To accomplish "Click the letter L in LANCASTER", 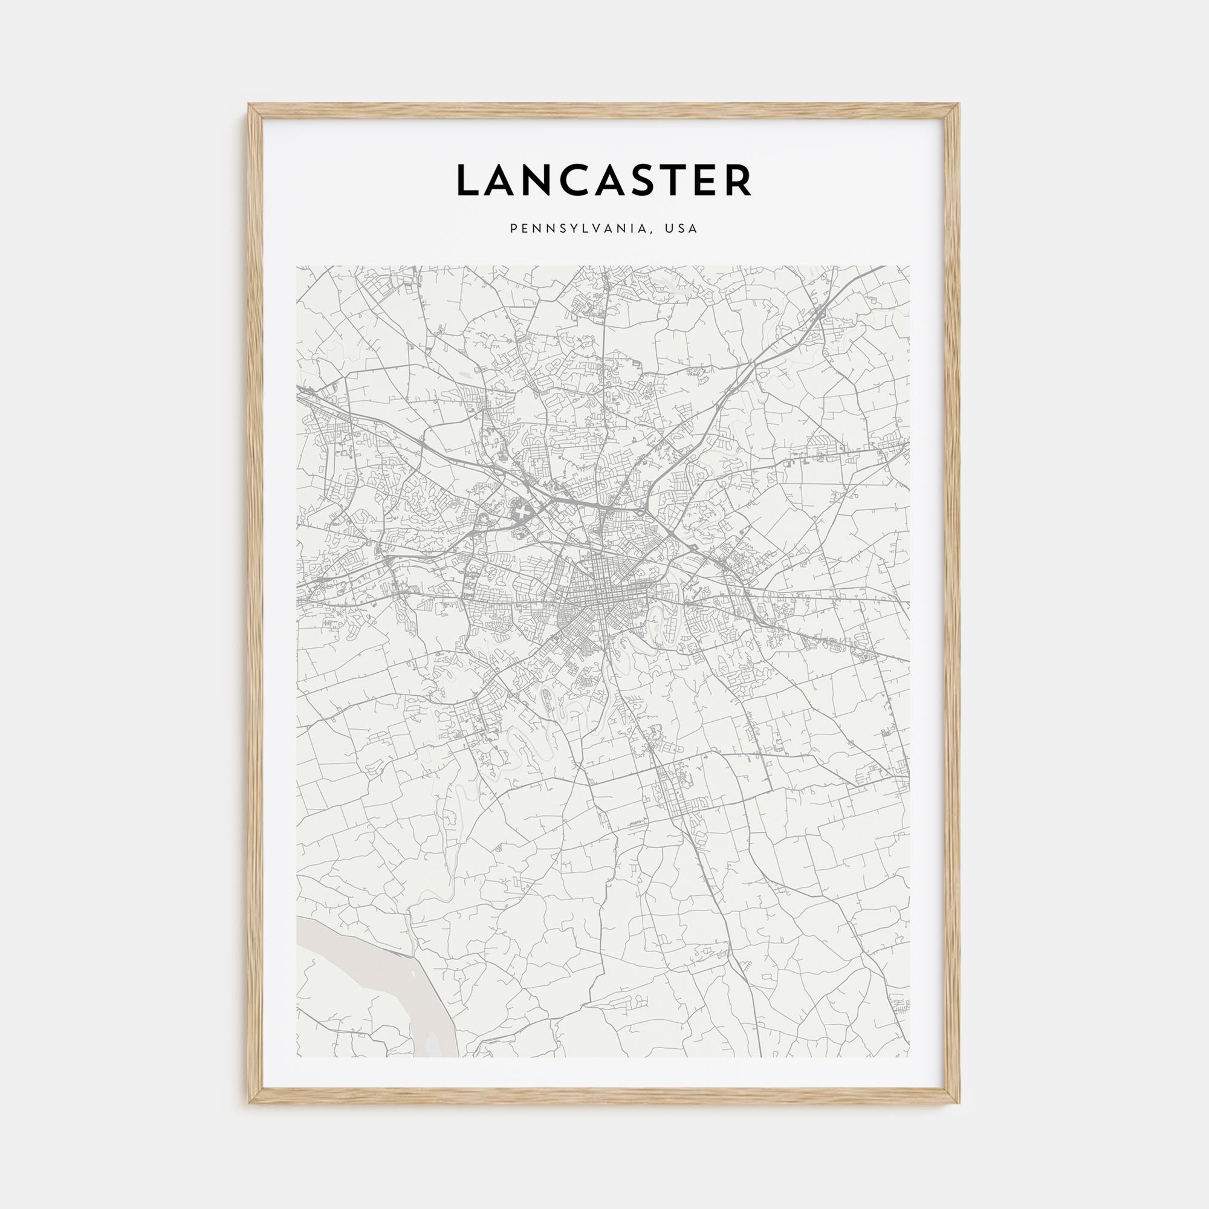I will point(468,181).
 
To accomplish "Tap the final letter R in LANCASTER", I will point(742,181).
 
